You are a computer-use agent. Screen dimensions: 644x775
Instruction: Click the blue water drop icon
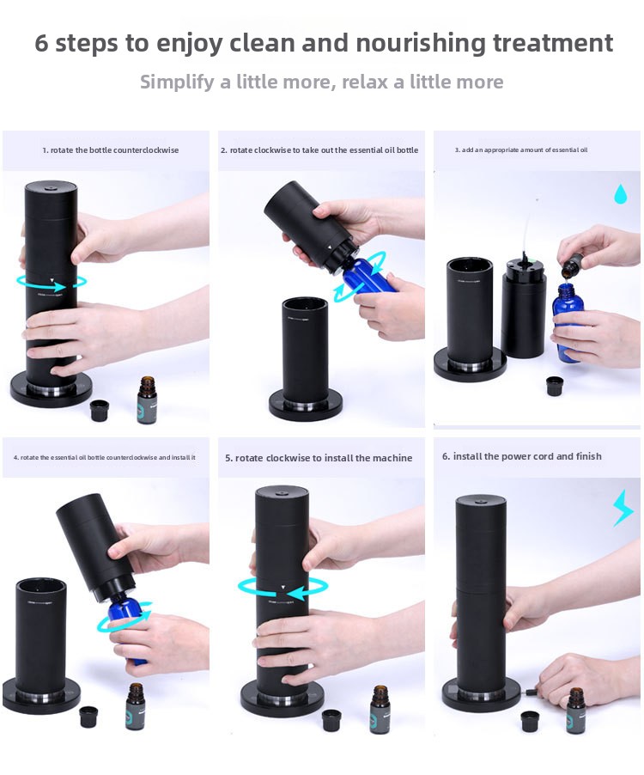(621, 194)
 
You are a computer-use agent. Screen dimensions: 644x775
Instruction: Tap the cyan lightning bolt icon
(623, 508)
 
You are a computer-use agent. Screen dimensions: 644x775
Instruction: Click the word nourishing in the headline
(421, 42)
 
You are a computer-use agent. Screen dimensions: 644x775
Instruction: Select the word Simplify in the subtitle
(178, 82)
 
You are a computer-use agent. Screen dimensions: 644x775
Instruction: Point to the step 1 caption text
(111, 150)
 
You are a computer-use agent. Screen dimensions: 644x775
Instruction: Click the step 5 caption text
(319, 458)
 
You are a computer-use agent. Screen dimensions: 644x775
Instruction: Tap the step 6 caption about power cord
(521, 456)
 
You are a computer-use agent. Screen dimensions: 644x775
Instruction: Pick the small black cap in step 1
(100, 410)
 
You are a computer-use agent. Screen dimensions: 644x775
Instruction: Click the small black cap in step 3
(555, 386)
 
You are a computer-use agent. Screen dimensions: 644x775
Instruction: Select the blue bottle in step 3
(567, 321)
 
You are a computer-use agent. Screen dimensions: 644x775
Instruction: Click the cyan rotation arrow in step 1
(52, 283)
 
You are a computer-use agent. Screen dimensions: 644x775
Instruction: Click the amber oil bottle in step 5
(380, 709)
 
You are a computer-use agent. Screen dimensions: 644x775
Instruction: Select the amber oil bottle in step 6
(574, 710)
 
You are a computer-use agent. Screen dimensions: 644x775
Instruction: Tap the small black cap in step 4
(88, 717)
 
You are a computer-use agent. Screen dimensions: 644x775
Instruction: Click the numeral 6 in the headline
(41, 43)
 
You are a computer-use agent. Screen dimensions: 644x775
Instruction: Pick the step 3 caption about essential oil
(521, 150)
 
